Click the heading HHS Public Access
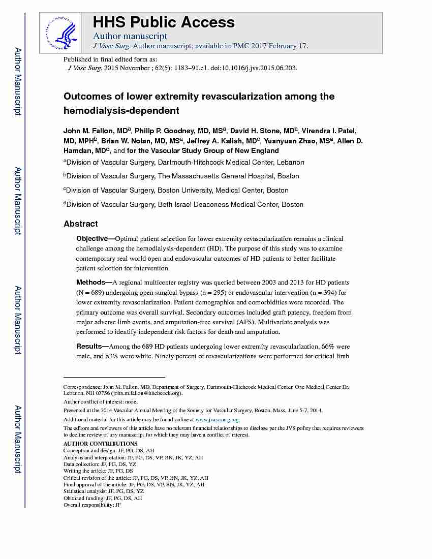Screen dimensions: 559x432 click(x=164, y=22)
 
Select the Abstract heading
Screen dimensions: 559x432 click(x=81, y=224)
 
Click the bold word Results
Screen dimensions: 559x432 click(x=89, y=347)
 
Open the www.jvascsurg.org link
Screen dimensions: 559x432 click(x=217, y=420)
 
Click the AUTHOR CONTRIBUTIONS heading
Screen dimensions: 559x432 click(x=100, y=444)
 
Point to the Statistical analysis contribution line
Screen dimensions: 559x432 click(x=103, y=491)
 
